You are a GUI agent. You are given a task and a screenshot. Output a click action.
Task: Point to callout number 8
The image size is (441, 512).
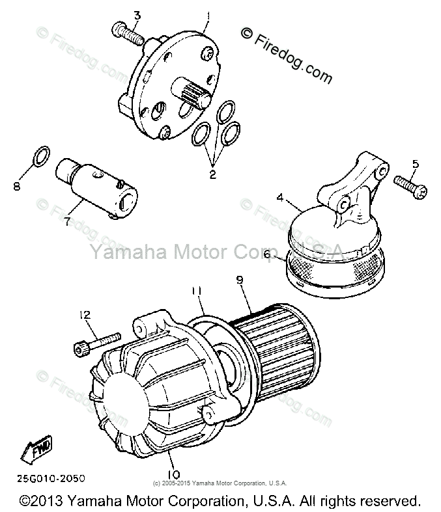coord(17,187)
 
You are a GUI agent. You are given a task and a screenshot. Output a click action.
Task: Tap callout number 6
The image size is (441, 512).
coord(266,256)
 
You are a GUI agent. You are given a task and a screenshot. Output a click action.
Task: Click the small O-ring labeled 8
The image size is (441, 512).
coord(41,155)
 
